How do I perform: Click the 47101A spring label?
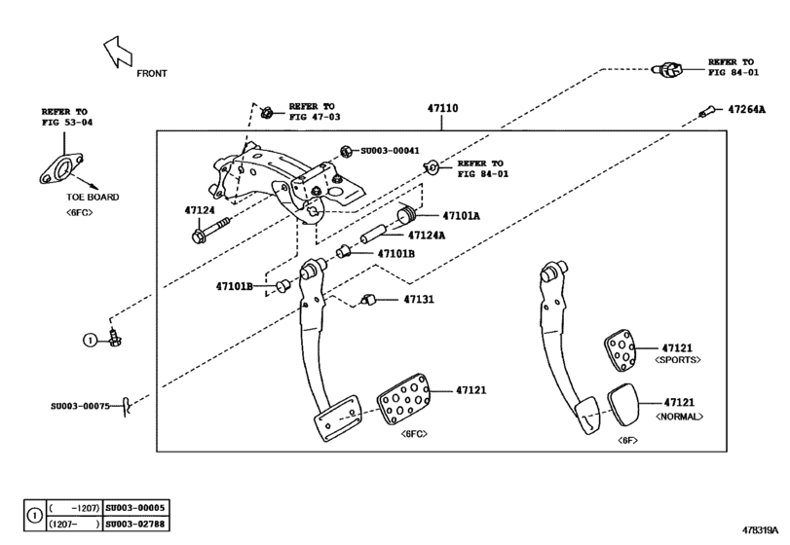[461, 216]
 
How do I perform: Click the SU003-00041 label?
[390, 151]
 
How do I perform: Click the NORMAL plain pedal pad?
[622, 401]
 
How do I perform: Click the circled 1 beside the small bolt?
[89, 340]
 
